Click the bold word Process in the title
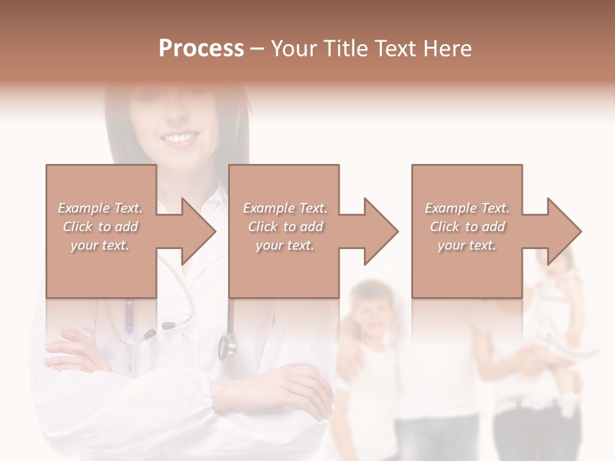click(x=201, y=49)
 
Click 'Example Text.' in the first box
click(x=100, y=208)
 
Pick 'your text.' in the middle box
click(x=285, y=245)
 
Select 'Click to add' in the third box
click(x=468, y=227)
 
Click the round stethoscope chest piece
click(x=227, y=346)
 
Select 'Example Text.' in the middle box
click(x=285, y=208)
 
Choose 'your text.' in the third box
click(x=467, y=245)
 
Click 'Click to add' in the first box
click(x=100, y=227)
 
